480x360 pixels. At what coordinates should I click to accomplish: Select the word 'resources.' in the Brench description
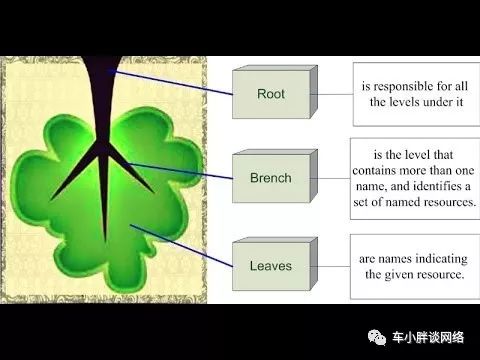coord(443,201)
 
